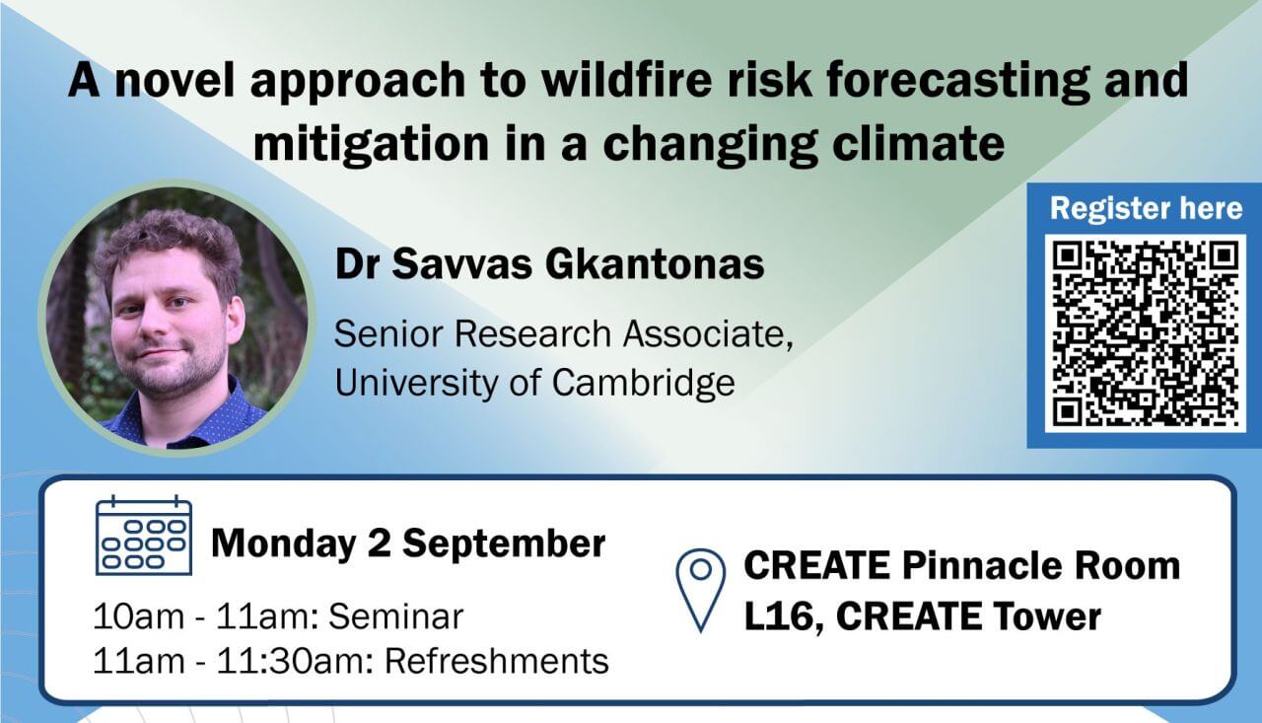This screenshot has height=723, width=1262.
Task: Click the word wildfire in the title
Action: pos(626,80)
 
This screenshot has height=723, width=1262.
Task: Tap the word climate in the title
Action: pos(918,144)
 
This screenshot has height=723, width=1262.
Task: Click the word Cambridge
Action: pos(643,383)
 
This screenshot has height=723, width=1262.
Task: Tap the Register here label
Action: pos(1146,208)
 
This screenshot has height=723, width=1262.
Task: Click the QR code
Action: pos(1146,333)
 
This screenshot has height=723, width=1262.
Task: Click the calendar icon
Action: pos(144,536)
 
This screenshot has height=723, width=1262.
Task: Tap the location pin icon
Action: pos(700,590)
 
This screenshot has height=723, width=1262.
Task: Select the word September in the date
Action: pos(504,544)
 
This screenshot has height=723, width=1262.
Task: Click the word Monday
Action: pos(283,544)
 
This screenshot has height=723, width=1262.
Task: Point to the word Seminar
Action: pos(395,615)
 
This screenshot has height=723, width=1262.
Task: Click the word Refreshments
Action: pos(496,661)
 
